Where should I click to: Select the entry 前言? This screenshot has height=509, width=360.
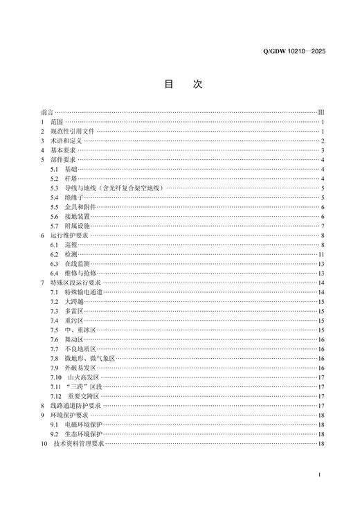[46, 111]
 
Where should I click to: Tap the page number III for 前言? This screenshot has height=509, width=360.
[321, 111]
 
